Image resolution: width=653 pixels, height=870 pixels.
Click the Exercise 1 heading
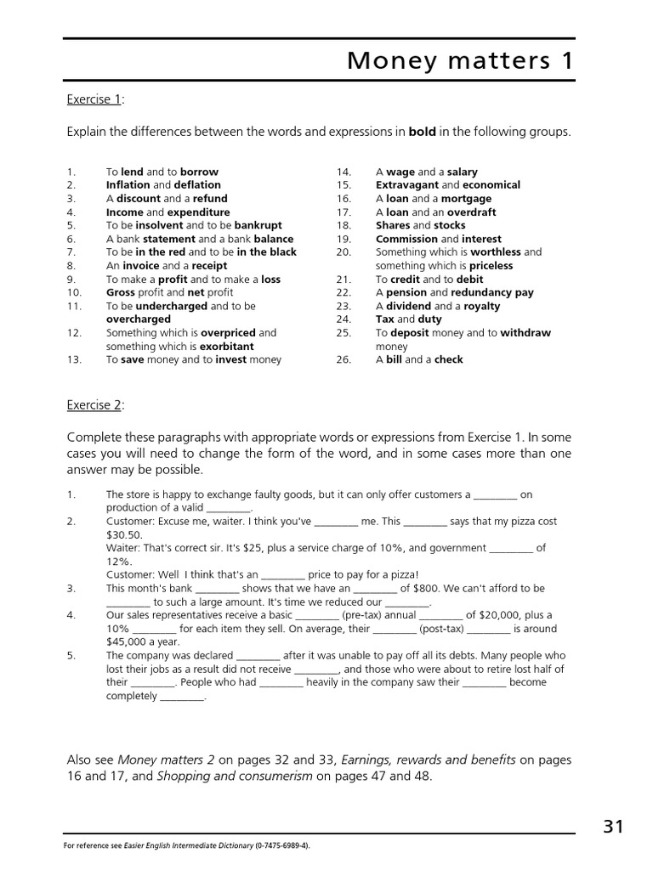[94, 99]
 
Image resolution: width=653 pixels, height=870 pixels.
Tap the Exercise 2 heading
[94, 405]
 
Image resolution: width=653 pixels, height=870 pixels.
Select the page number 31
[613, 826]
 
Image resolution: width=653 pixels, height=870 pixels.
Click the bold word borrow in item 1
[199, 172]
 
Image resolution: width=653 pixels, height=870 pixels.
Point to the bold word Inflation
[128, 185]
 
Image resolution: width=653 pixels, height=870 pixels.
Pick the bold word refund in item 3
[210, 199]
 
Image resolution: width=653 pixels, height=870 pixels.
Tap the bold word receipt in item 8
[210, 266]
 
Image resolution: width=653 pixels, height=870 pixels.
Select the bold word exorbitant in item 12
[226, 347]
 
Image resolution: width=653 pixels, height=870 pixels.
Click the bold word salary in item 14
[463, 172]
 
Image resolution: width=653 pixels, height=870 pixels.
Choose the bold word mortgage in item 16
[466, 199]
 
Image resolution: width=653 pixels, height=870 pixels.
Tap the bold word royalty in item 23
[481, 306]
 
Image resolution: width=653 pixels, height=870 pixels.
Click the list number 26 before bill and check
[344, 359]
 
